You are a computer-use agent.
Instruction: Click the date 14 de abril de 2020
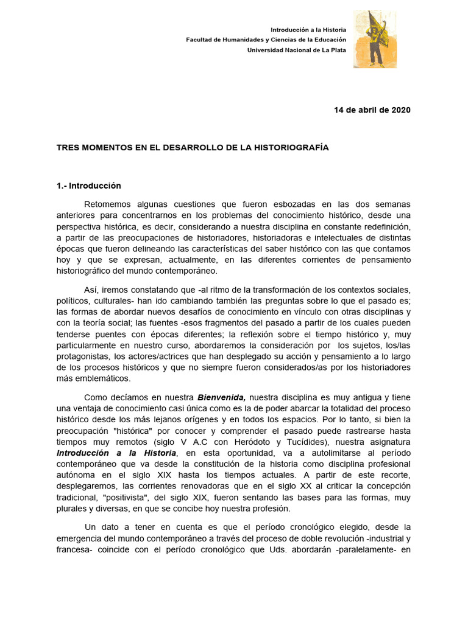coord(372,110)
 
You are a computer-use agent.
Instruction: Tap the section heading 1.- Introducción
coord(89,186)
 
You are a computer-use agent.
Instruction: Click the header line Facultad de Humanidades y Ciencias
coord(266,40)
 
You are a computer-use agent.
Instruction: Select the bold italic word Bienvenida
coord(221,398)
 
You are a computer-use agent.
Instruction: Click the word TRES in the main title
coord(68,148)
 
